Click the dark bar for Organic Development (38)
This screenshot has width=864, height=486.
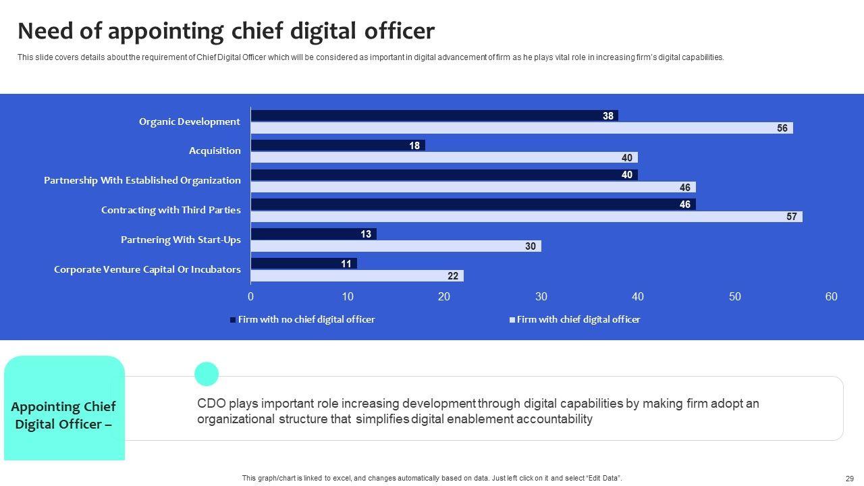[x=433, y=115]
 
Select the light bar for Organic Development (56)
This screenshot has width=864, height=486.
[x=521, y=128]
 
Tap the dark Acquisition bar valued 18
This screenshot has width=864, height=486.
[x=337, y=145]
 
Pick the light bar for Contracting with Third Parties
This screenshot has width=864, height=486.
[x=526, y=217]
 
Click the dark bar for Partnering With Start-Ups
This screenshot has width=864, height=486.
[x=313, y=234]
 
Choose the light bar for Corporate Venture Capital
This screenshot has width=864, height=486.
[x=356, y=276]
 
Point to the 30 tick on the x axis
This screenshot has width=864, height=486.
[x=541, y=297]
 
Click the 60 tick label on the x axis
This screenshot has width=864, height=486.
[x=831, y=297]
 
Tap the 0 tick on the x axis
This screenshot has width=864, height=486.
[x=251, y=297]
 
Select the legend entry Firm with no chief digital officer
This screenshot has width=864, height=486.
[x=306, y=319]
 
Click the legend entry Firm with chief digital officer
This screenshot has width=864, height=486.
[x=578, y=319]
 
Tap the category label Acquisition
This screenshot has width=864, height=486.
[x=215, y=151]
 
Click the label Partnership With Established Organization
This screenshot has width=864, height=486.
[x=142, y=180]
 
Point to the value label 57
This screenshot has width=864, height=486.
[x=792, y=217]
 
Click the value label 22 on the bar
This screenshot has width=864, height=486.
[x=453, y=276]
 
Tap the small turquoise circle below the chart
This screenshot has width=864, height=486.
[x=207, y=374]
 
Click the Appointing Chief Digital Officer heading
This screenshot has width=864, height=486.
[x=63, y=415]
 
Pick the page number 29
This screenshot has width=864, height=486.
[x=850, y=478]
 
